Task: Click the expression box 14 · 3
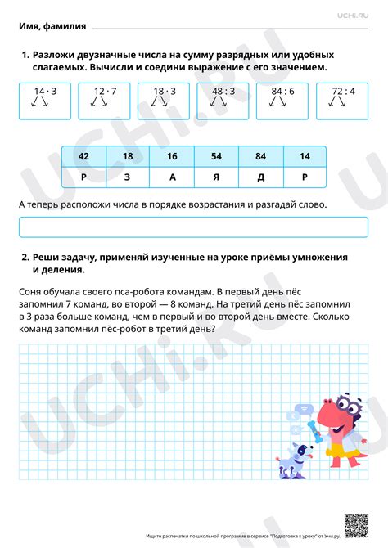(x=44, y=101)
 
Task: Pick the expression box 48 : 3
(x=223, y=101)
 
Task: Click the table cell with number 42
(x=83, y=156)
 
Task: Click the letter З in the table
(x=128, y=176)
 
